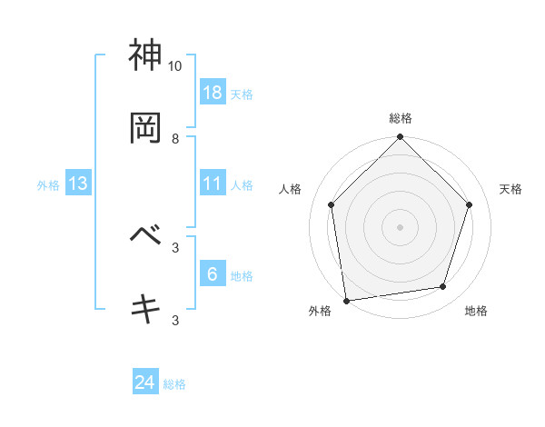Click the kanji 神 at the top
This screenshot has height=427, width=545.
(x=146, y=55)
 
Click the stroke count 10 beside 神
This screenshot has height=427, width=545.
(x=174, y=66)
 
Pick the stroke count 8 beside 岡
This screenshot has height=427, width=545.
(x=175, y=139)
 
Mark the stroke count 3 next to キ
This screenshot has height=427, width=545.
(x=175, y=320)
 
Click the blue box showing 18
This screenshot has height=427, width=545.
(x=212, y=92)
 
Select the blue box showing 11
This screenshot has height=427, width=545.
(x=212, y=184)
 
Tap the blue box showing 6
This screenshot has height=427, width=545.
(x=212, y=273)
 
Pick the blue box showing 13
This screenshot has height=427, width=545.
(x=78, y=184)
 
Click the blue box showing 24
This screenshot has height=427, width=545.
(x=145, y=382)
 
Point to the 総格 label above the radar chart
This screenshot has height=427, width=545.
(x=401, y=118)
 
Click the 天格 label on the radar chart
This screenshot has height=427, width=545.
(x=511, y=189)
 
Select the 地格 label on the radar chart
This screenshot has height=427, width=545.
(x=476, y=311)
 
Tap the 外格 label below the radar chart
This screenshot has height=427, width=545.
(x=320, y=311)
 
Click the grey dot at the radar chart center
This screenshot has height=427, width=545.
(x=401, y=226)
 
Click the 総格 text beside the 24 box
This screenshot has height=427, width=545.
(x=174, y=384)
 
